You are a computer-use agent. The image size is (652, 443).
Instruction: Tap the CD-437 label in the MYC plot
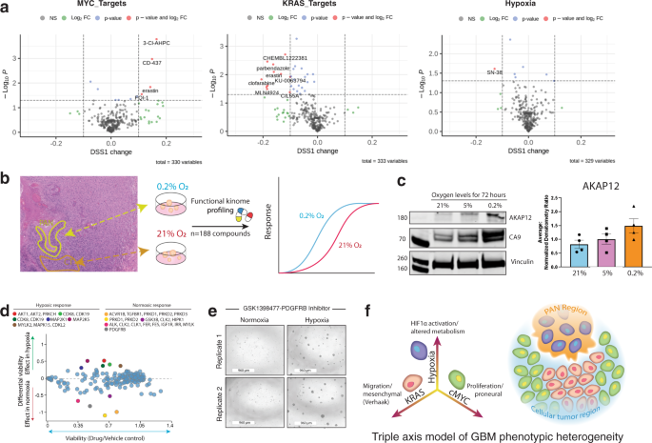pos(151,63)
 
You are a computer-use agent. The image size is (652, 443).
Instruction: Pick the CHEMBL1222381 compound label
pos(285,58)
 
